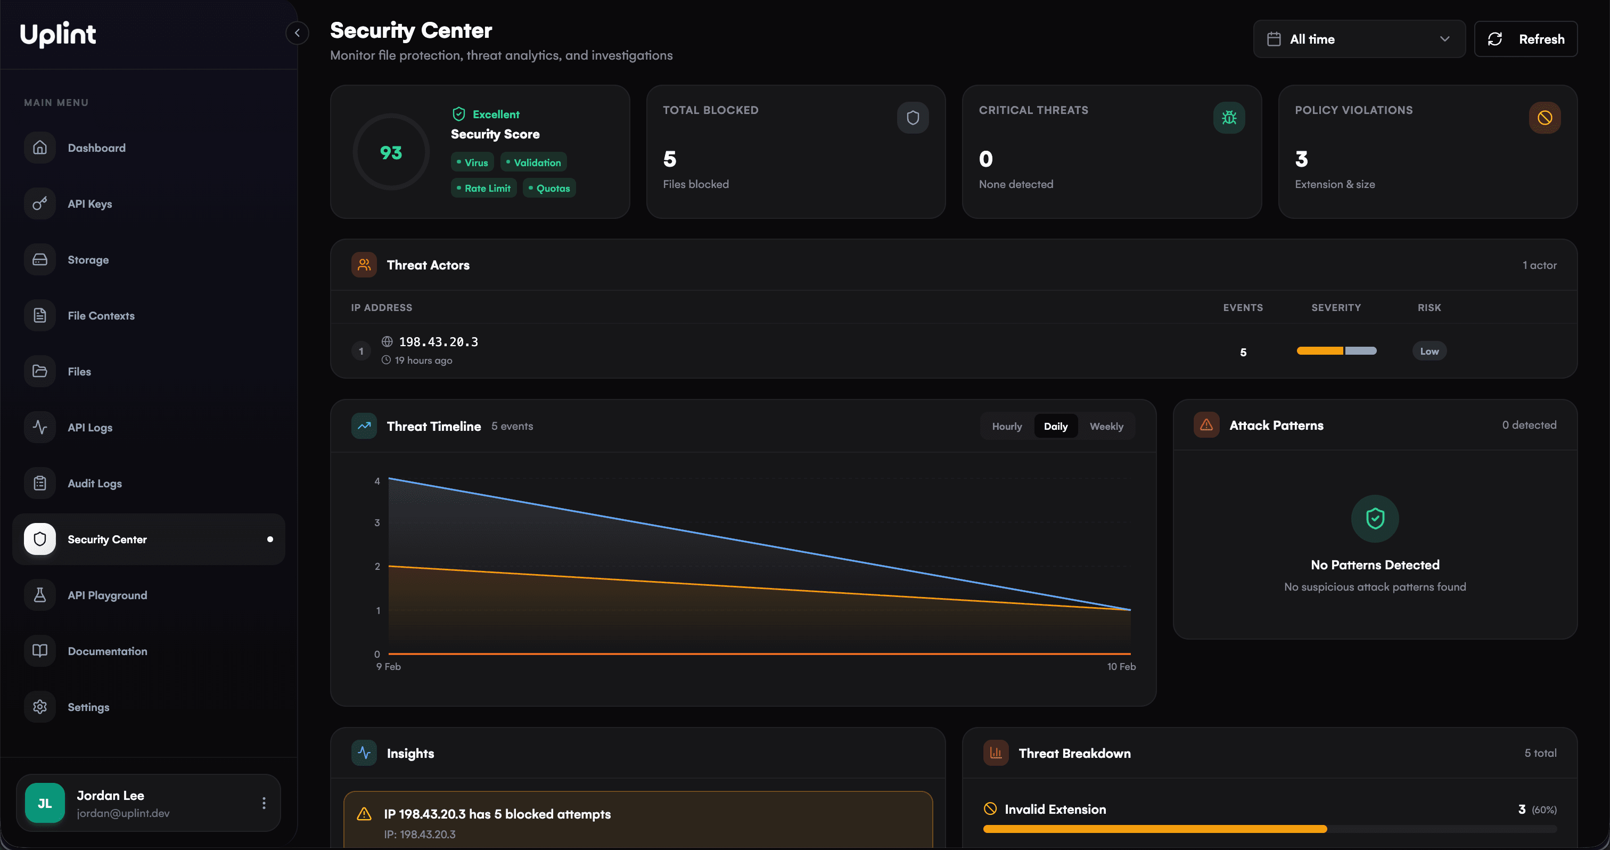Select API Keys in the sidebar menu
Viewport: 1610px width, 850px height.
[89, 204]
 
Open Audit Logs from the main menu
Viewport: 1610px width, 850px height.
[94, 483]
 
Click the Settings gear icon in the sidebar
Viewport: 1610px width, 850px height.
[40, 707]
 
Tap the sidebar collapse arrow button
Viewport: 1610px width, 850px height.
[297, 33]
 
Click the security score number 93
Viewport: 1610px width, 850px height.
[391, 152]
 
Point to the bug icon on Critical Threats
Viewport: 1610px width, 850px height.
[1228, 118]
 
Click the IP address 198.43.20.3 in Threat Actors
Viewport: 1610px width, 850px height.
[438, 342]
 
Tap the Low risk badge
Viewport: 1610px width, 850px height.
[1429, 352]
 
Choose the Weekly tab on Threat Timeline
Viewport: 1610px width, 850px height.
[1106, 426]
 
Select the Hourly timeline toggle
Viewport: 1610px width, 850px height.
[1006, 426]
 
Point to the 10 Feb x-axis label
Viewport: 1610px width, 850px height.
[1121, 666]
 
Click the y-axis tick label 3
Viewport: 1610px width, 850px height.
[377, 522]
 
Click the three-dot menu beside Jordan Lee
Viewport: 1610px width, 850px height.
[264, 803]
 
